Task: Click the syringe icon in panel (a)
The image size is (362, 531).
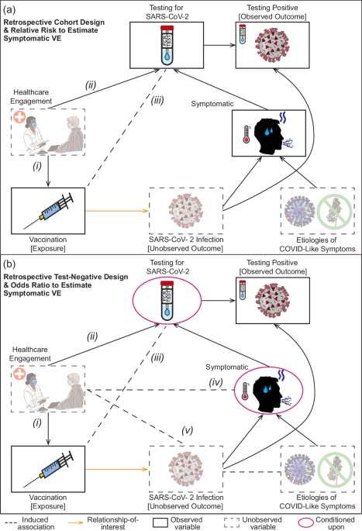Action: pos(48,211)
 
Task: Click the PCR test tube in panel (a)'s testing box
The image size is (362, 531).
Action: pos(167,45)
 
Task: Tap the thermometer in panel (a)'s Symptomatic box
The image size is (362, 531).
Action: pos(247,134)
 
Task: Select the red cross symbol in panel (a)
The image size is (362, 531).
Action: pos(19,117)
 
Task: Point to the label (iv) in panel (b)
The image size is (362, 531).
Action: pos(215,382)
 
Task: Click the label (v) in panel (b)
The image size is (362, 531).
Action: pos(188,430)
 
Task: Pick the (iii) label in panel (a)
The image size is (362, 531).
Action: pos(157,100)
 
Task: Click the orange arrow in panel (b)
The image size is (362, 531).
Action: pos(117,469)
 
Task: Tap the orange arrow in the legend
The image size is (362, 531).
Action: pos(76,522)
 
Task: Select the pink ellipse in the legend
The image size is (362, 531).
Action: pos(305,522)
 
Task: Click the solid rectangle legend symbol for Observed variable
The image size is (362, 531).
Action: pos(160,522)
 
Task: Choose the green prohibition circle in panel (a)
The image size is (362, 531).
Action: pos(335,212)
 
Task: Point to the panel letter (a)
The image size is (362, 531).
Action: pos(9,9)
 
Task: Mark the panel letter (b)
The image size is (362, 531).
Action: pos(9,264)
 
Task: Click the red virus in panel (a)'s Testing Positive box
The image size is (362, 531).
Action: pos(273,45)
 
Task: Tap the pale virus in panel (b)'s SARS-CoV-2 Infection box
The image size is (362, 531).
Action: pos(185,469)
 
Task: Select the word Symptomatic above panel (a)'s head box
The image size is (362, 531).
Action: pos(212,104)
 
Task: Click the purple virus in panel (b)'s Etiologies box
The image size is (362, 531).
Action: pos(300,470)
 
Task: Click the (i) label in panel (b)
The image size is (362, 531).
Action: pos(37,423)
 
